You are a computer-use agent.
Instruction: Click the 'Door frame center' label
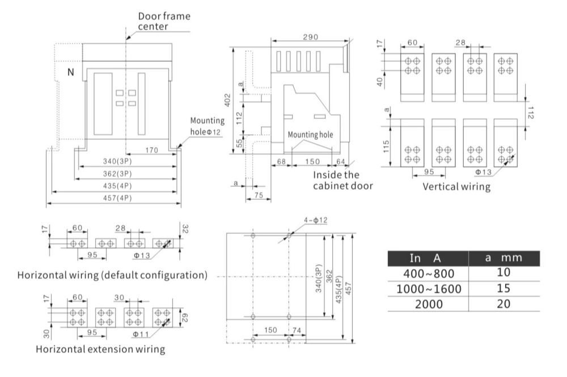[164, 22]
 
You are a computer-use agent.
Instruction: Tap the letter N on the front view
[70, 72]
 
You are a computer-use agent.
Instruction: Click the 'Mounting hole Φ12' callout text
[207, 126]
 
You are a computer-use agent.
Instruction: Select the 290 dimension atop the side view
[310, 37]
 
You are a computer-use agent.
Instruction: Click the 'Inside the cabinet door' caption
[342, 180]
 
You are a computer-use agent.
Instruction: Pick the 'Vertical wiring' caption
[457, 186]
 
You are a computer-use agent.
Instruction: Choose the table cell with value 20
[503, 303]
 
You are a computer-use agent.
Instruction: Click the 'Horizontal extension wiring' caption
[101, 349]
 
